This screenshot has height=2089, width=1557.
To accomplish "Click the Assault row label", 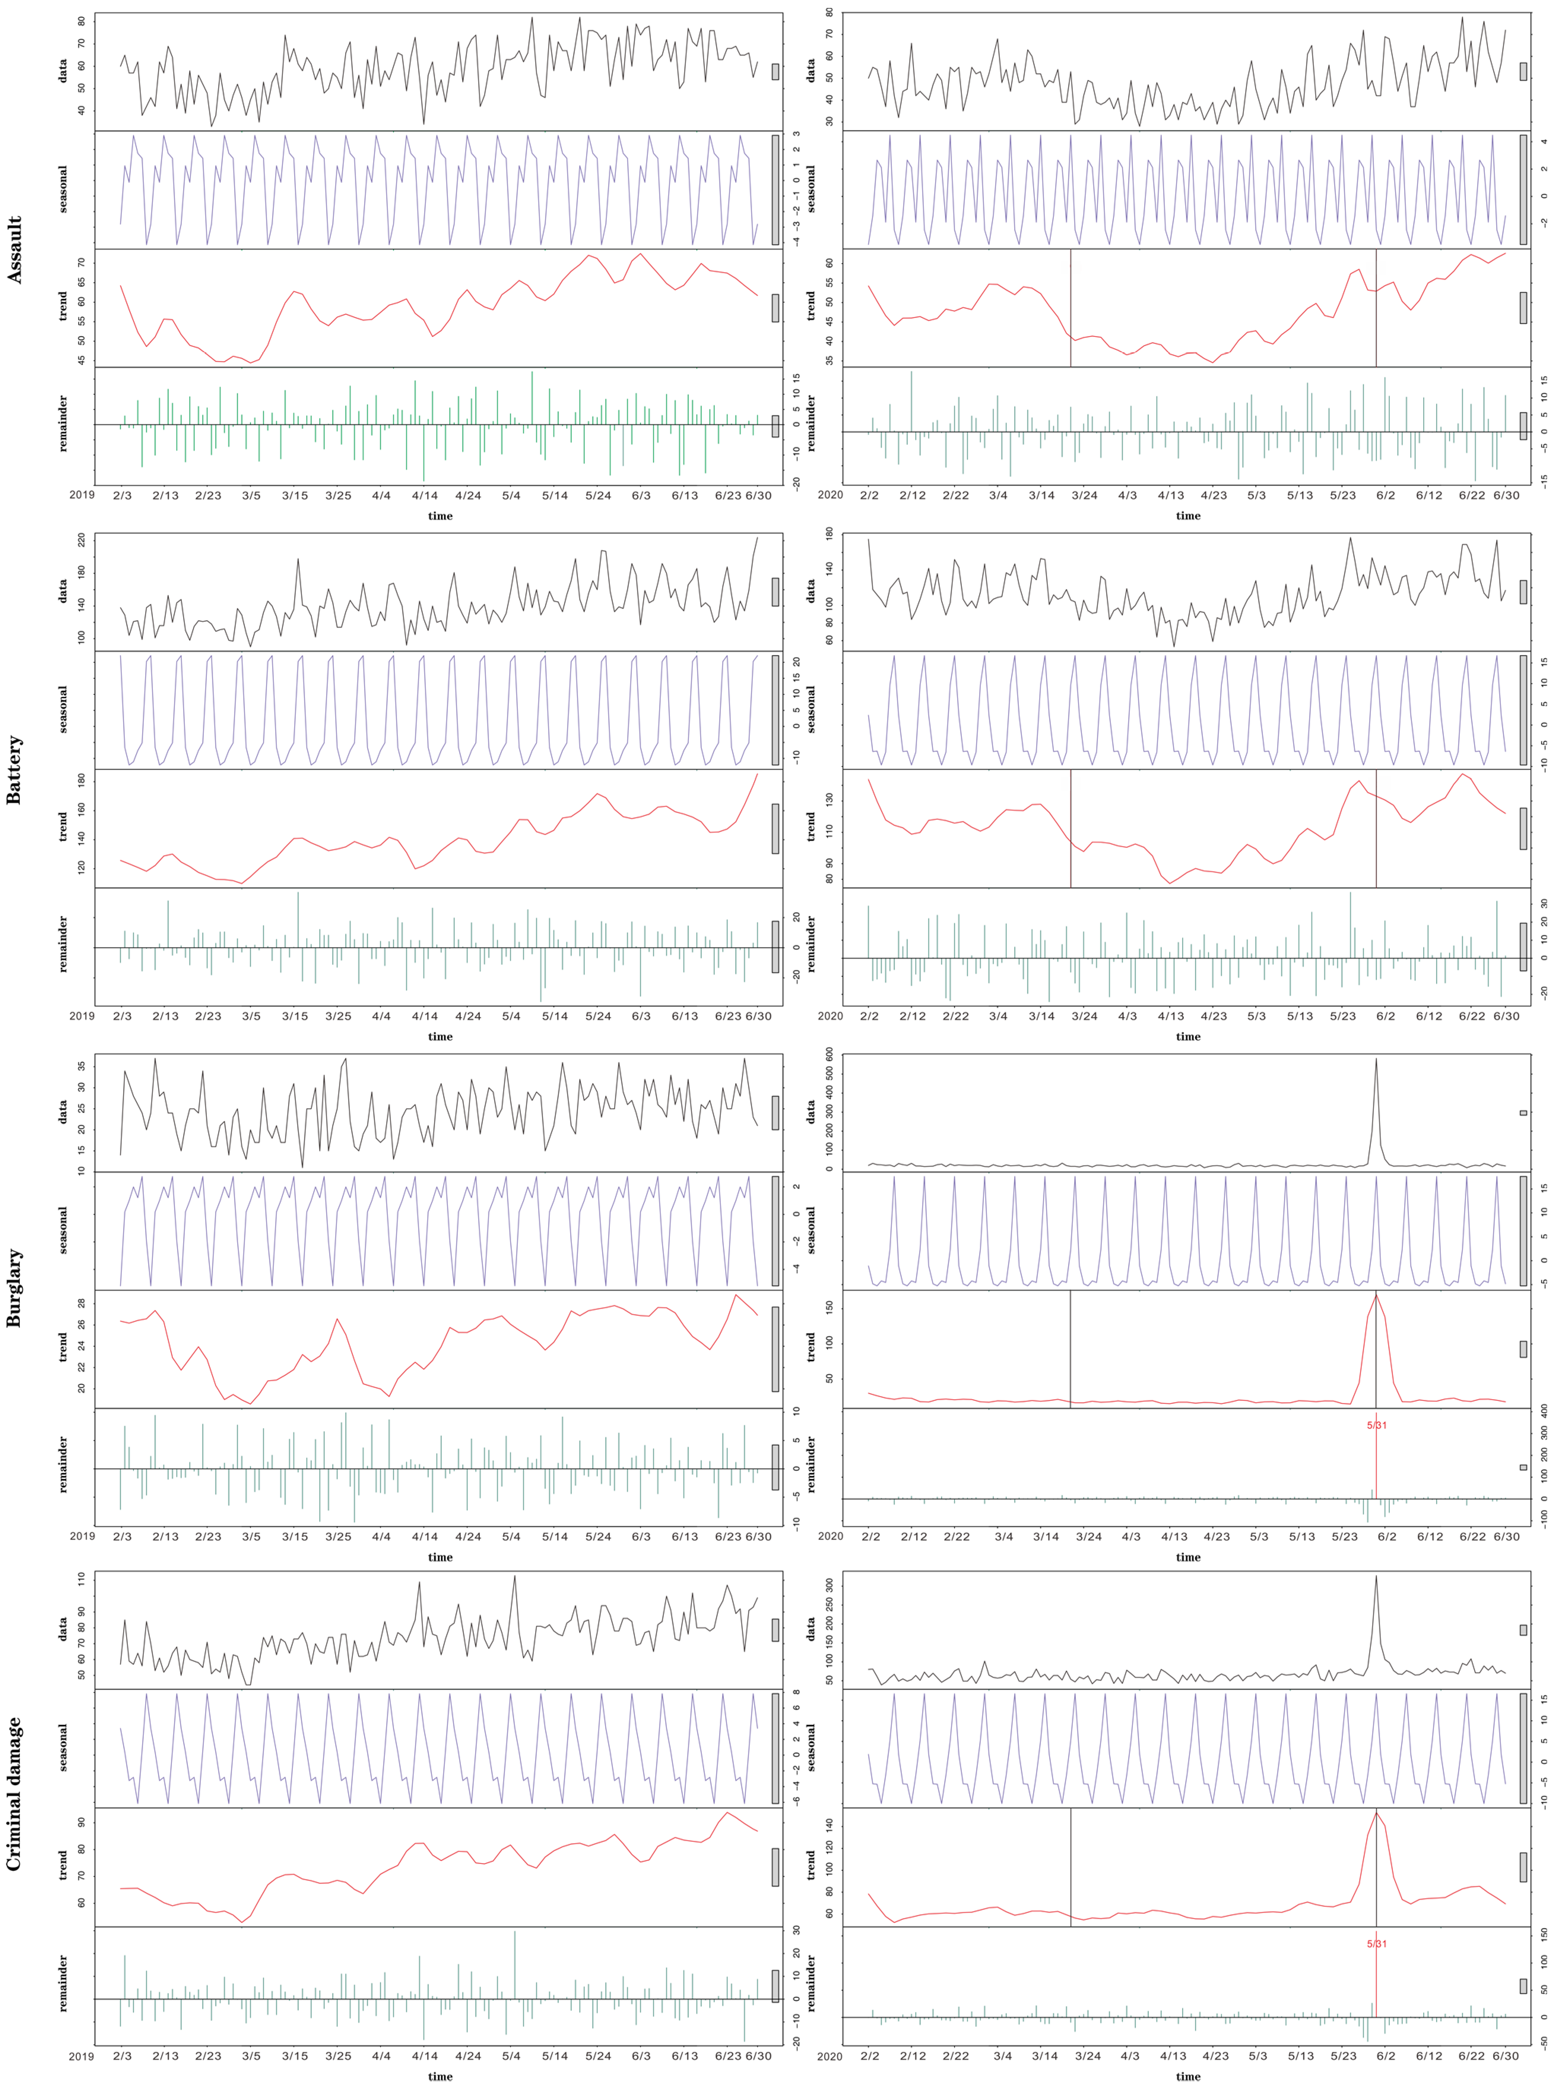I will point(14,250).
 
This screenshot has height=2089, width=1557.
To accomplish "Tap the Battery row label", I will point(14,770).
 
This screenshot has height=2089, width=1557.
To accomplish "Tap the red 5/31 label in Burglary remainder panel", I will point(1376,1425).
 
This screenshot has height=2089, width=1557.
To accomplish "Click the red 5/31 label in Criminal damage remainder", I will point(1376,1944).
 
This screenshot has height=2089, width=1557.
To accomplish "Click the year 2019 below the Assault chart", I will point(82,495).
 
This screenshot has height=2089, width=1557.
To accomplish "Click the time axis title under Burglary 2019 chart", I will point(440,1557).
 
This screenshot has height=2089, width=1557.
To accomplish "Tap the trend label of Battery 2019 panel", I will point(63,828).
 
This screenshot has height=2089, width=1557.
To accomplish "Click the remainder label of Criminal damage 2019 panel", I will point(63,1983).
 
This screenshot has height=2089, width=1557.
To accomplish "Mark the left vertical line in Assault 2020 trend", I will point(1071,307).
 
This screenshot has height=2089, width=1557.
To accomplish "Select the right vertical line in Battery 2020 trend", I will point(1376,828).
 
